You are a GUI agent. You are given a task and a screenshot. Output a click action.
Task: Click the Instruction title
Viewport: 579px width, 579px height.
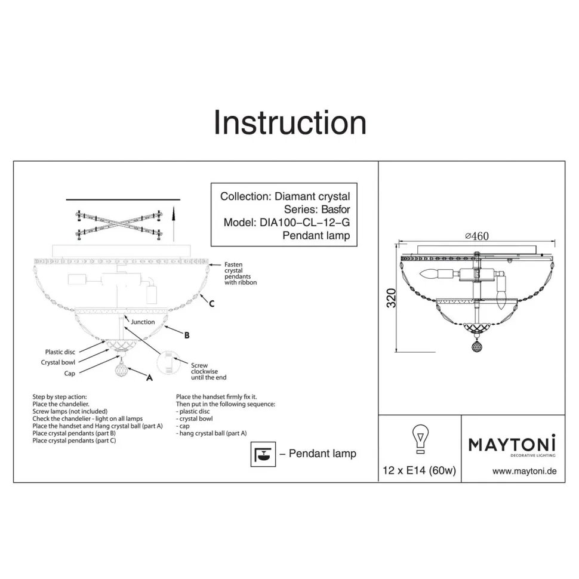click(x=290, y=122)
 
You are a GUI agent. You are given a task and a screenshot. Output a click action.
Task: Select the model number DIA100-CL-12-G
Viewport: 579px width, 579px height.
click(x=304, y=222)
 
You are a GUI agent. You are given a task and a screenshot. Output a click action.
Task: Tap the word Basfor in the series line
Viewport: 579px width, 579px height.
click(x=335, y=210)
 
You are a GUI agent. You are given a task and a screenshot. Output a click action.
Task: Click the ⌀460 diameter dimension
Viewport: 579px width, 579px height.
click(x=477, y=236)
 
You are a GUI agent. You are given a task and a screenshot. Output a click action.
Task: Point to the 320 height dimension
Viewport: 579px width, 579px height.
click(x=391, y=298)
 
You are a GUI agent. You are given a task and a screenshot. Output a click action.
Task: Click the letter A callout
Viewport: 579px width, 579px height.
click(x=150, y=377)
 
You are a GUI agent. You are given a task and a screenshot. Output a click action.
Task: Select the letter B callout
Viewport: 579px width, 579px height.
click(x=187, y=335)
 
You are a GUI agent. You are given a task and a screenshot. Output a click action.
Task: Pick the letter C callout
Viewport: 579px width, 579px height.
click(x=211, y=304)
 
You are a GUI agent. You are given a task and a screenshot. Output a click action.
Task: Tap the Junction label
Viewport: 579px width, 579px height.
click(x=143, y=322)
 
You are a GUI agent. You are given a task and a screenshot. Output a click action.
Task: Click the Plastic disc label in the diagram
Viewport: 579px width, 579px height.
click(x=60, y=352)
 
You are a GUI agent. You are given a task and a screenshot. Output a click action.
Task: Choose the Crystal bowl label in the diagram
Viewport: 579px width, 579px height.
click(x=58, y=362)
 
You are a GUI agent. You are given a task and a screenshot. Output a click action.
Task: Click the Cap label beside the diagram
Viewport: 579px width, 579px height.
click(x=69, y=373)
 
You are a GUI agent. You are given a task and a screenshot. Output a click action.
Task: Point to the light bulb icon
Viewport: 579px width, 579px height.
click(x=420, y=439)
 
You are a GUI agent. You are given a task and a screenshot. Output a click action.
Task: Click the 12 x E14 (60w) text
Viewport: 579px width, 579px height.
click(x=420, y=470)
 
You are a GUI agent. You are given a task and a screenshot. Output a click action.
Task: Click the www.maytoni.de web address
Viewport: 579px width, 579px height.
click(x=524, y=471)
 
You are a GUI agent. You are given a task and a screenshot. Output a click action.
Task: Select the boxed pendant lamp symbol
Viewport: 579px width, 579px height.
click(x=263, y=454)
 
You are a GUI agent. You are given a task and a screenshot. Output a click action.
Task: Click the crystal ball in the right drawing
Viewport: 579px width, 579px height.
click(x=476, y=346)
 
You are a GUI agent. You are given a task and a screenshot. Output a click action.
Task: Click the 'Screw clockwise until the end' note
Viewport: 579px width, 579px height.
click(x=209, y=371)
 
